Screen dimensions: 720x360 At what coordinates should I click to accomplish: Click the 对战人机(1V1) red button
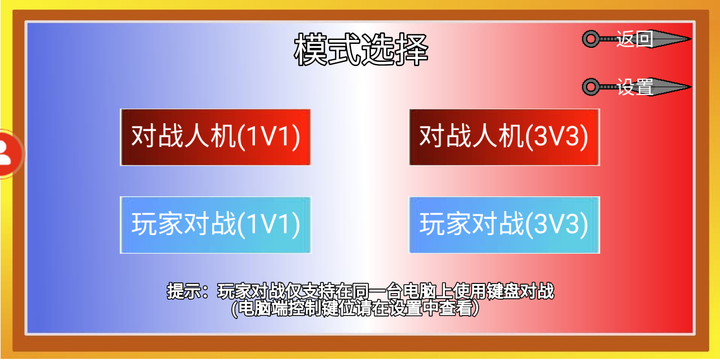point(215,137)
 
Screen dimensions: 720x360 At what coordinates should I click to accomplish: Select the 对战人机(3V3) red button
point(504,137)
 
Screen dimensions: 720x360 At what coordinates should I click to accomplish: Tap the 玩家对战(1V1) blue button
point(215,225)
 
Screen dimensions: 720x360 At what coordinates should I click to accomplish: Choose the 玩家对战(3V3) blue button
point(504,225)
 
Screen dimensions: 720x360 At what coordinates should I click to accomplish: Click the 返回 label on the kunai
point(634,39)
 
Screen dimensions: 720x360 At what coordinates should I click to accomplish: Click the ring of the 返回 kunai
point(591,33)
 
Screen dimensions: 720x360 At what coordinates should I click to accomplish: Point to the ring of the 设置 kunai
point(591,80)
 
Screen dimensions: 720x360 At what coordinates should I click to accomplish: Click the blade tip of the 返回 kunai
point(691,39)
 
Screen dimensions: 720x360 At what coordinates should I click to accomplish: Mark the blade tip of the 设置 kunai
point(691,87)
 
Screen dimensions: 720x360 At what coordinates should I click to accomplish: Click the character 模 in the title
point(310,49)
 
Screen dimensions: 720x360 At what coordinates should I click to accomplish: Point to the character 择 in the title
point(412,49)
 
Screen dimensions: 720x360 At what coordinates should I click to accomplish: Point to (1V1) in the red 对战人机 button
point(269,137)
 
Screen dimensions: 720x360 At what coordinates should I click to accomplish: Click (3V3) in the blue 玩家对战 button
point(557,224)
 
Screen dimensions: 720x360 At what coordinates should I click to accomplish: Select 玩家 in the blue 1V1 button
point(157,224)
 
